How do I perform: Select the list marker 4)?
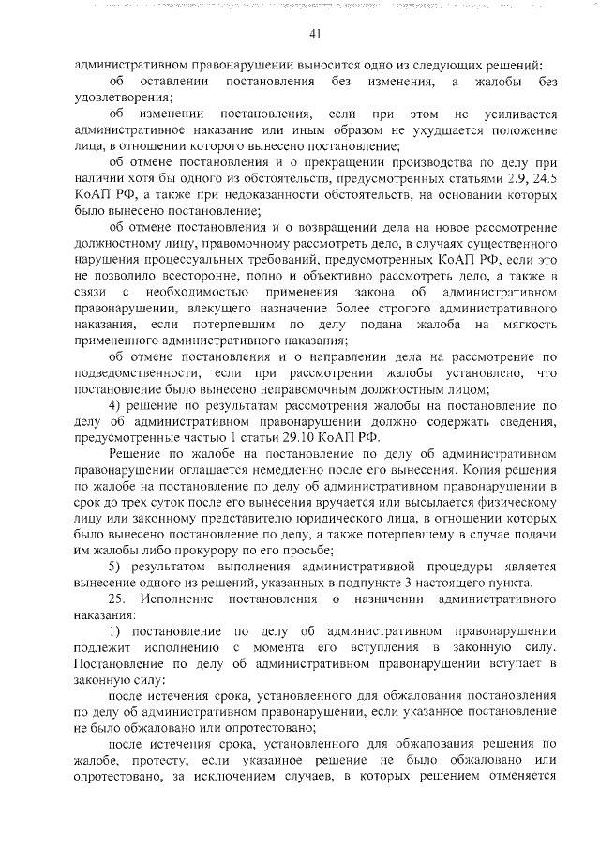point(117,404)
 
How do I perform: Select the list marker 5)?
point(117,567)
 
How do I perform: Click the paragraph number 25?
point(117,599)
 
